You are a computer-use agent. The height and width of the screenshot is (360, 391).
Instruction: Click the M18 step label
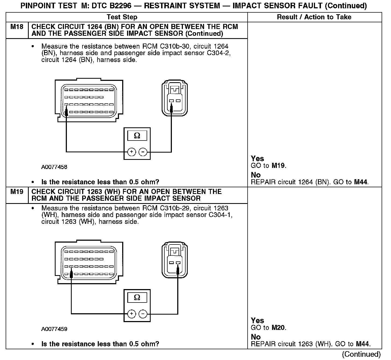pyautogui.click(x=17, y=27)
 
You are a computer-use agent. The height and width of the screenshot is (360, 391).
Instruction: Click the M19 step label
pyautogui.click(x=17, y=192)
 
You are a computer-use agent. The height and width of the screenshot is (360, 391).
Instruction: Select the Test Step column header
pyautogui.click(x=122, y=17)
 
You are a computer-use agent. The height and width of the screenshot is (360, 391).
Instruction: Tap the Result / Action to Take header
pyautogui.click(x=314, y=17)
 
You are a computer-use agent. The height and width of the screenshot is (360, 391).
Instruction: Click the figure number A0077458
pyautogui.click(x=54, y=167)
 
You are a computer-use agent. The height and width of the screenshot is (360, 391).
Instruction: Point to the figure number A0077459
pyautogui.click(x=54, y=329)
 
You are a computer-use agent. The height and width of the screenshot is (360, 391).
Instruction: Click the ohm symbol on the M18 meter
pyautogui.click(x=137, y=136)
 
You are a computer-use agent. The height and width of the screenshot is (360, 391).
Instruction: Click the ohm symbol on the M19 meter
pyautogui.click(x=137, y=298)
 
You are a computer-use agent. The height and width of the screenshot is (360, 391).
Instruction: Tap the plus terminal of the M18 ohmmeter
pyautogui.click(x=132, y=152)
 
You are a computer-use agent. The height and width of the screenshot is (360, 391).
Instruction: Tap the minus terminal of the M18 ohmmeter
pyautogui.click(x=143, y=152)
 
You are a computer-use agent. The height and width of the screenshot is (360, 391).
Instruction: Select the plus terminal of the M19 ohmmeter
pyautogui.click(x=132, y=314)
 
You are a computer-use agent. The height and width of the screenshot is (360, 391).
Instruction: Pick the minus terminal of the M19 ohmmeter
pyautogui.click(x=143, y=314)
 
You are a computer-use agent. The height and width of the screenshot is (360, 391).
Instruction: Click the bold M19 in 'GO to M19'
pyautogui.click(x=278, y=166)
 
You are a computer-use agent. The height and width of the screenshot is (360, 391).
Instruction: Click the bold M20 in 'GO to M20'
pyautogui.click(x=278, y=328)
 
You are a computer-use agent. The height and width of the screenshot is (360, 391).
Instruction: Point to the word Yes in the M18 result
pyautogui.click(x=257, y=159)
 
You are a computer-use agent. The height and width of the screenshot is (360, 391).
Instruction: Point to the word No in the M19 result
pyautogui.click(x=256, y=337)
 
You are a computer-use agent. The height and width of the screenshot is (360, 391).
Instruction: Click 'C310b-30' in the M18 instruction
pyautogui.click(x=174, y=46)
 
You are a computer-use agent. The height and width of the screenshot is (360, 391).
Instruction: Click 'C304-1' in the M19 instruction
pyautogui.click(x=220, y=215)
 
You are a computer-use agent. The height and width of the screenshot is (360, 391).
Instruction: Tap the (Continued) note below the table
pyautogui.click(x=361, y=354)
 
